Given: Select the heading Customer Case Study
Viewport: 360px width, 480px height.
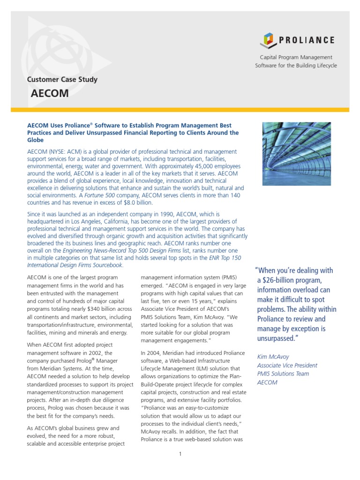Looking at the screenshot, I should click(x=63, y=79).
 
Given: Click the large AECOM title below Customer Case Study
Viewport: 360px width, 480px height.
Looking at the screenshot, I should click(x=50, y=93).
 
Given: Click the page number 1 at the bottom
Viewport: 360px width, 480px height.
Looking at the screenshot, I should click(x=180, y=454).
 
